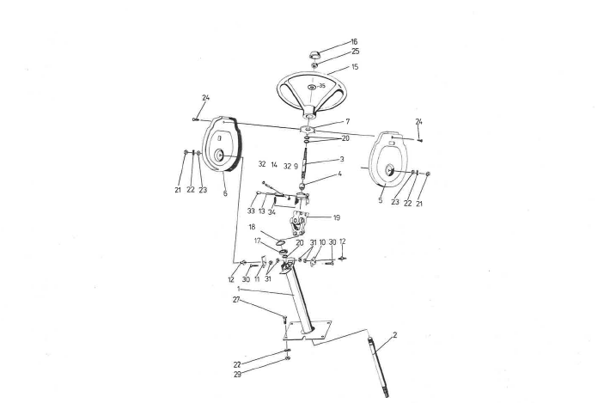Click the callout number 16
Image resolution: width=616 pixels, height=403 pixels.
354,41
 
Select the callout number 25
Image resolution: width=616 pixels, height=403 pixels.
355,52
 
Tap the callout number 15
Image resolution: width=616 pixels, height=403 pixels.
355,67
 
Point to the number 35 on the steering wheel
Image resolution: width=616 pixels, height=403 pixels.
322,86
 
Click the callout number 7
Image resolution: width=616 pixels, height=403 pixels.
348,122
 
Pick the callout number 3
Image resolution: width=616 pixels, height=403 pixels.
342,159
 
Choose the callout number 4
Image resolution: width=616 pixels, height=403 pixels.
340,174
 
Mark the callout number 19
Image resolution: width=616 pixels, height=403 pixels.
336,217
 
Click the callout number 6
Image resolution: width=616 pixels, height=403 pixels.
225,193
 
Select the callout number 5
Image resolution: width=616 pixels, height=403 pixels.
381,200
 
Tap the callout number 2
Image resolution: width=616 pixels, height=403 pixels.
395,335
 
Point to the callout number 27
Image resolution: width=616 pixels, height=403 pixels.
236,300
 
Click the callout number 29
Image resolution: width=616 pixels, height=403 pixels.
237,375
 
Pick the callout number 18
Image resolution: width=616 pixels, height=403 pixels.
252,227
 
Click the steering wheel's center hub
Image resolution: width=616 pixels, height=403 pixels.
312,87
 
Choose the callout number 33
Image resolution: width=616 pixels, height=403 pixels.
251,211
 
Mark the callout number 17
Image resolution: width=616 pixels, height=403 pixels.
258,241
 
